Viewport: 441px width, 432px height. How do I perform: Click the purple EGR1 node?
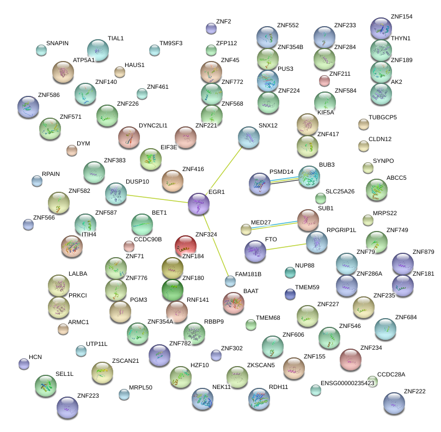tap(198, 204)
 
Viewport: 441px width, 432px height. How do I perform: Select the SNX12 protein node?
tap(249, 137)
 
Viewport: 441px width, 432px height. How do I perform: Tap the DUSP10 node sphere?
tap(115, 193)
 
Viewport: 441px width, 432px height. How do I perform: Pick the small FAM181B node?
tap(230, 282)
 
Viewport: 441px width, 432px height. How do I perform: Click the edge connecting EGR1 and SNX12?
tap(224, 170)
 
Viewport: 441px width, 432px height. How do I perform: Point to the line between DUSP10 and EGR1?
tap(157, 199)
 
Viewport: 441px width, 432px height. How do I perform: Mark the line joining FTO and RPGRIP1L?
tap(285, 247)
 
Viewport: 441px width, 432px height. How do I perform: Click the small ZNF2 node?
tap(211, 28)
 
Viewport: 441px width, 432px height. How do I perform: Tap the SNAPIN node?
tap(41, 51)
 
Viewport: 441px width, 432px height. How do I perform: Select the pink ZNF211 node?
tap(324, 81)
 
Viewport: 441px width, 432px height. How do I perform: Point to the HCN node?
tap(24, 363)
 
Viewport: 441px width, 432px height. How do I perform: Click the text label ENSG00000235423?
tap(347, 383)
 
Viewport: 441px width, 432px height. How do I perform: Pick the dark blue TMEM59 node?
tap(290, 294)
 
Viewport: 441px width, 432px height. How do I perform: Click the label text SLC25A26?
tap(340, 191)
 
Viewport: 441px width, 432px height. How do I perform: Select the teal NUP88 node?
tap(290, 272)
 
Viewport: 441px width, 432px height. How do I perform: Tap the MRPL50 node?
tap(124, 394)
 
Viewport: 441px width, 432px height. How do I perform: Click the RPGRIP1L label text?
tap(341, 230)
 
